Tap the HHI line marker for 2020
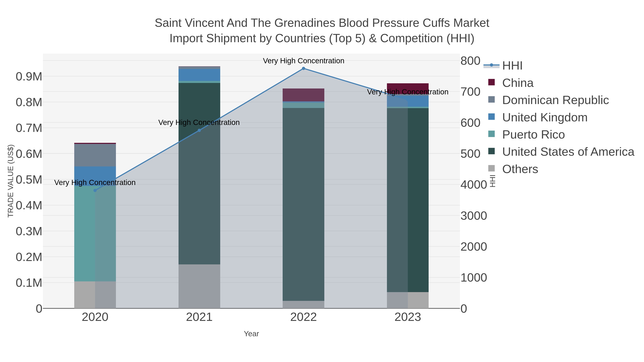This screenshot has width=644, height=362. tap(95, 190)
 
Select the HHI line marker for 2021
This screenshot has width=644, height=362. tap(199, 130)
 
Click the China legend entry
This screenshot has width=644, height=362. tap(518, 83)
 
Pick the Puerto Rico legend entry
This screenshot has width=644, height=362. tap(533, 135)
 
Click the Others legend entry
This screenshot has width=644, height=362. tap(520, 169)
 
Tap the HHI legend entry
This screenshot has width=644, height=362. tap(512, 66)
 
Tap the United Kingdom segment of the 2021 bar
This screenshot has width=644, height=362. tap(199, 75)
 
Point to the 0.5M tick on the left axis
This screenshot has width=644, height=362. tap(29, 180)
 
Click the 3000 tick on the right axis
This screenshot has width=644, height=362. tap(474, 216)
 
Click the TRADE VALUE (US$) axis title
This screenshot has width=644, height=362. tap(11, 181)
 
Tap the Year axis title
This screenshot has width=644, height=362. tap(251, 334)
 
